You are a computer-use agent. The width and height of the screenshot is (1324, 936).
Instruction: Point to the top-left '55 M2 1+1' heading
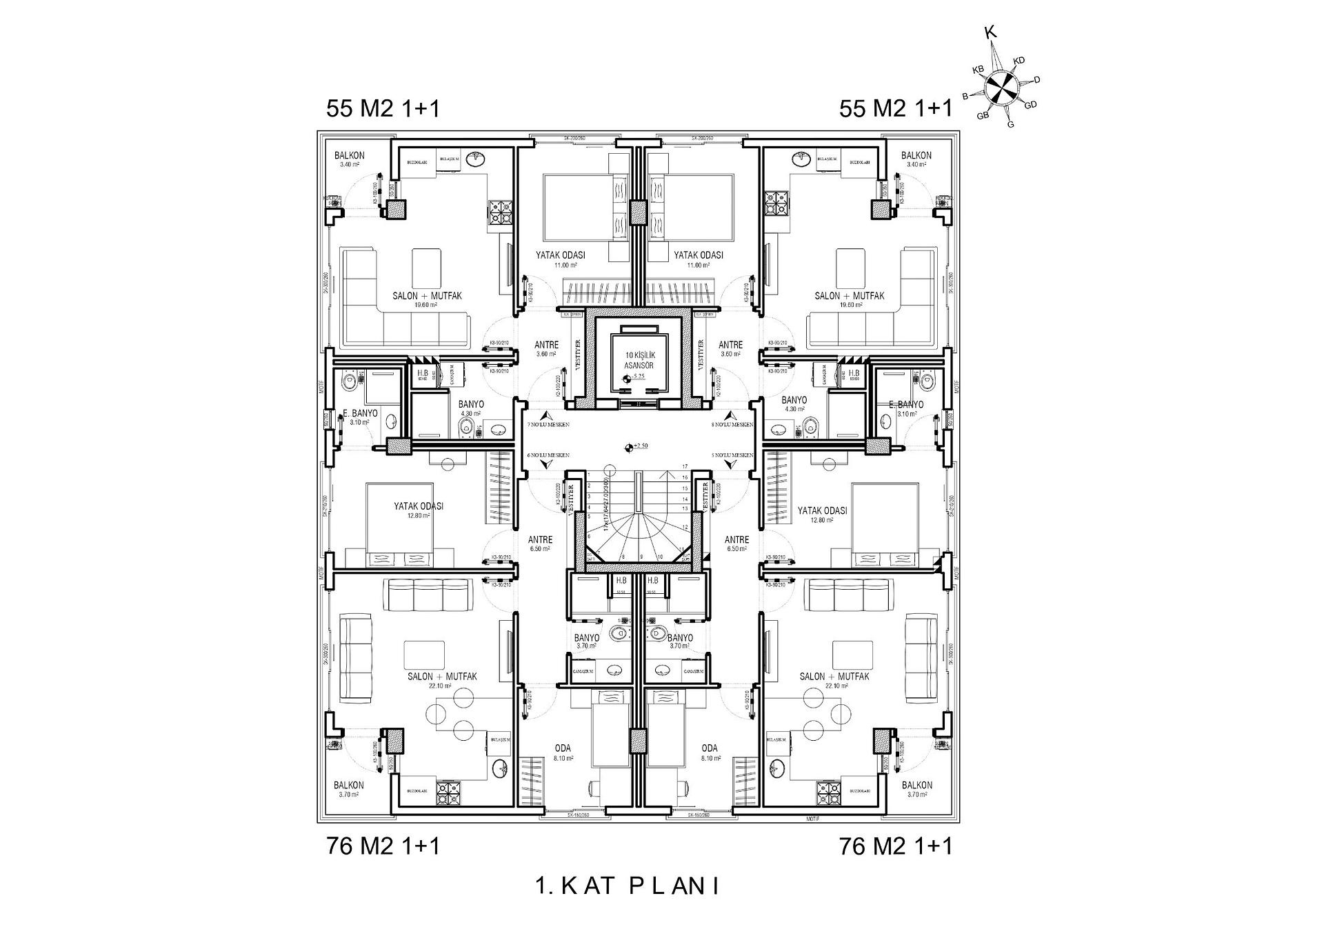click(x=383, y=109)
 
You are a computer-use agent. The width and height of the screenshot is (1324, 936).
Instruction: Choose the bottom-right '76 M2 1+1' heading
click(x=896, y=846)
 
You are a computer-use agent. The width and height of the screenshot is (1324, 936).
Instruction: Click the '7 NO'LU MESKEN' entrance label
click(x=548, y=425)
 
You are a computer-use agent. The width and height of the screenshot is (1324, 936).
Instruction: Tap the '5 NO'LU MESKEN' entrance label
click(x=732, y=455)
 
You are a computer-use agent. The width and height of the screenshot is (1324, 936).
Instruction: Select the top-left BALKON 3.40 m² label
click(x=350, y=159)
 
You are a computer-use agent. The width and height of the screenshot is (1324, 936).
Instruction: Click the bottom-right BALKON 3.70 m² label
click(x=916, y=789)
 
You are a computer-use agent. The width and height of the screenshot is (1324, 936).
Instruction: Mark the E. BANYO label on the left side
click(x=361, y=413)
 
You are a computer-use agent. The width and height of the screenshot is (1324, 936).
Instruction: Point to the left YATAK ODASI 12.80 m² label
click(x=419, y=510)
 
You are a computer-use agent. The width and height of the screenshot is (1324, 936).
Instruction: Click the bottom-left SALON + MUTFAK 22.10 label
click(x=442, y=680)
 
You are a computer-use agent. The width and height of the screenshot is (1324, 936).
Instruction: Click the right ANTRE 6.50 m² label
click(x=737, y=544)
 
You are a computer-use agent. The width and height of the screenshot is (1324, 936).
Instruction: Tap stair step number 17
click(x=685, y=467)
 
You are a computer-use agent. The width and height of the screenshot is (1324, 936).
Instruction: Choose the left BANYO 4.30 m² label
click(x=471, y=408)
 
